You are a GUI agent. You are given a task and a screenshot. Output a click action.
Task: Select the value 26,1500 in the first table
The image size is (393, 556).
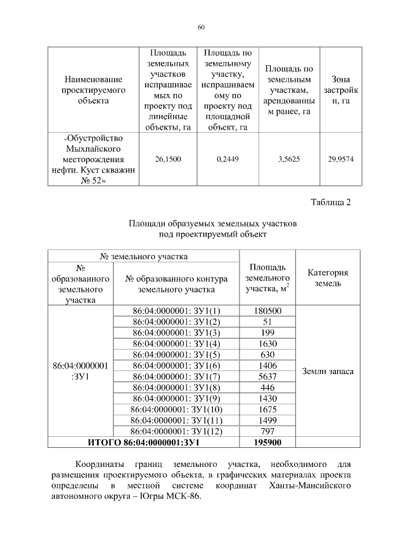pyautogui.click(x=168, y=159)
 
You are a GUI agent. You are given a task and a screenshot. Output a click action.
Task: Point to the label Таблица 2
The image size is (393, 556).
pyautogui.click(x=330, y=203)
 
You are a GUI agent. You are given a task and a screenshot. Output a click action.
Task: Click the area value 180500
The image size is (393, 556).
pyautogui.click(x=267, y=311)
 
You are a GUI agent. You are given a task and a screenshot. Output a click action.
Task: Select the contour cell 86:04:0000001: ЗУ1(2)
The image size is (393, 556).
pyautogui.click(x=176, y=321)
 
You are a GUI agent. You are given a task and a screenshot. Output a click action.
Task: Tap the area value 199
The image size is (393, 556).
pyautogui.click(x=267, y=332)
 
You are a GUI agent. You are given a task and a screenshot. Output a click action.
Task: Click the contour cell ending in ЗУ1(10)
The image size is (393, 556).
pyautogui.click(x=176, y=410)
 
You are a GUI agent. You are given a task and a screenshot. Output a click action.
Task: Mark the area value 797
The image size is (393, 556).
pyautogui.click(x=267, y=431)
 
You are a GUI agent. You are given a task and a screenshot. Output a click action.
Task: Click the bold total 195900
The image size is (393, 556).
pyautogui.click(x=267, y=443)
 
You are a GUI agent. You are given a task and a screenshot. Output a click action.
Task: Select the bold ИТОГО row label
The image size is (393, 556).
pyautogui.click(x=143, y=443)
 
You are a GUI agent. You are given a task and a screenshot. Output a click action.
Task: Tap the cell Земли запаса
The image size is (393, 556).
pyautogui.click(x=328, y=371)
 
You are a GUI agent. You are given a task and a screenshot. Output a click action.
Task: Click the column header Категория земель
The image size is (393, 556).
pyautogui.click(x=328, y=278)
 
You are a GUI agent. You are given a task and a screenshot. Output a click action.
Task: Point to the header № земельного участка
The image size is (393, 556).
pyautogui.click(x=144, y=256)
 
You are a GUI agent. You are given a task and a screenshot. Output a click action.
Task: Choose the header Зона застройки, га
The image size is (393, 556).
pyautogui.click(x=341, y=90)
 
